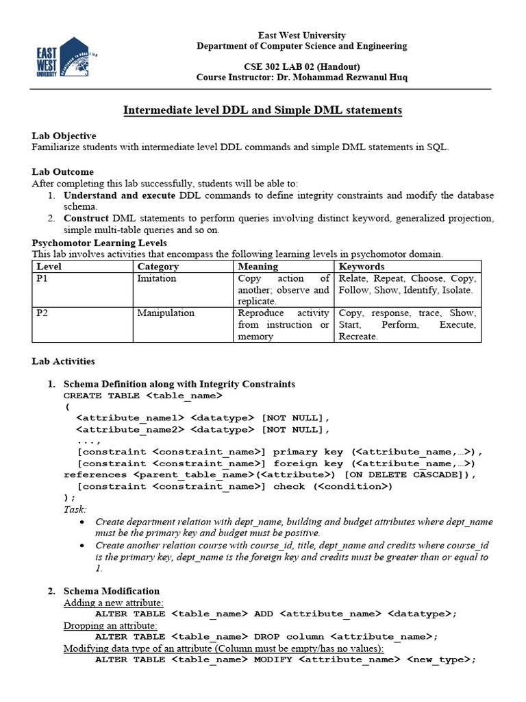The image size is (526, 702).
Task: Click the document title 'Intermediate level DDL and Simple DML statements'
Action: tap(262, 110)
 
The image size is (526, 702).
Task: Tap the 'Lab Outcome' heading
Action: tap(63, 171)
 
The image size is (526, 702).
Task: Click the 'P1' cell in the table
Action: tap(42, 278)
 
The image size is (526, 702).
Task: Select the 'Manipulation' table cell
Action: tap(166, 313)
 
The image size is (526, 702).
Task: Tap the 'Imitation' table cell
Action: tap(157, 278)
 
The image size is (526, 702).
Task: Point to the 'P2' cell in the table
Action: tap(42, 313)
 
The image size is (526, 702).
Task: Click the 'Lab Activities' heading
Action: tap(63, 361)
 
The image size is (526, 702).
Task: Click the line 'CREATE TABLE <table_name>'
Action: tap(142, 396)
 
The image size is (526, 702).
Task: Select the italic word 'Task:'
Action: tap(75, 509)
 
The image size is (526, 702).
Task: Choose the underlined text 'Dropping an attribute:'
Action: tap(110, 625)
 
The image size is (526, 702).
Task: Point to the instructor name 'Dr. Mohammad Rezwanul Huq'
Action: tap(342, 77)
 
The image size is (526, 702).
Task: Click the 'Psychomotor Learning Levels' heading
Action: tap(99, 243)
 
